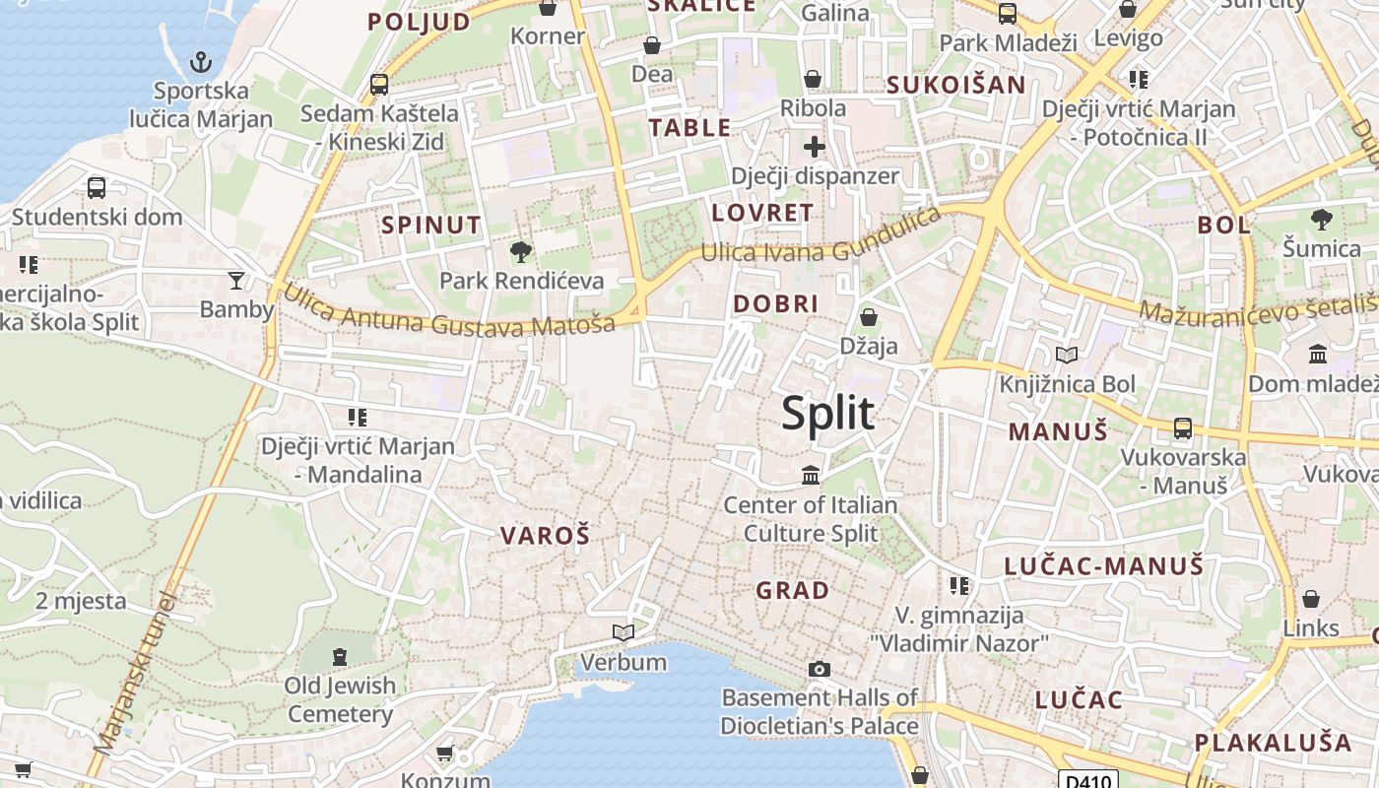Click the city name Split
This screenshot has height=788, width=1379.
(x=827, y=414)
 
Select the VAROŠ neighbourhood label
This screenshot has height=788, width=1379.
(x=545, y=536)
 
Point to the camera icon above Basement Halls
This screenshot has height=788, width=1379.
(x=819, y=670)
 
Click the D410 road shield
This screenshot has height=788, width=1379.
(x=1087, y=780)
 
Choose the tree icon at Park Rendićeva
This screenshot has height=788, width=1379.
(x=521, y=253)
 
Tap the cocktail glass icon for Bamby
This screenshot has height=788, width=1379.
(x=236, y=281)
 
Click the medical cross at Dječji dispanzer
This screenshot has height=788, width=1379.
(x=814, y=148)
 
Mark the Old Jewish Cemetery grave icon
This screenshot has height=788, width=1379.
(x=340, y=656)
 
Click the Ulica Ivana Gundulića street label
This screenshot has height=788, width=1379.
(x=821, y=240)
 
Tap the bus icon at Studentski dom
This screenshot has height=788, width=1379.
(x=97, y=187)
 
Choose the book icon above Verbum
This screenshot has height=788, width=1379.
(x=624, y=632)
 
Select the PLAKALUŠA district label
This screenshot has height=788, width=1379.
(x=1274, y=742)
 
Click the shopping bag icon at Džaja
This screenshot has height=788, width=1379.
(x=869, y=317)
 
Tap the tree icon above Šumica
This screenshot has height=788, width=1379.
(x=1321, y=219)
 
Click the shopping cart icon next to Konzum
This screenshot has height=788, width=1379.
(x=444, y=754)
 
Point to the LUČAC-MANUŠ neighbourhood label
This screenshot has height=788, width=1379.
(x=1103, y=565)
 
